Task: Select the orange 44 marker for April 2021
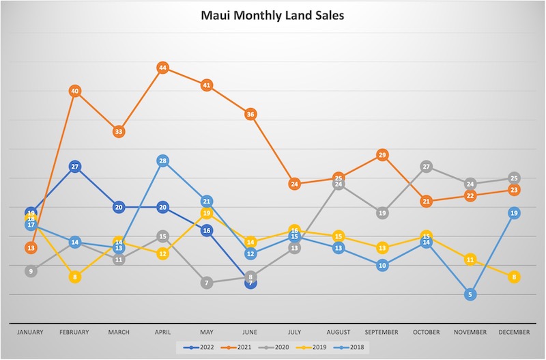tap(162, 68)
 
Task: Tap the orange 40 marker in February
tap(74, 91)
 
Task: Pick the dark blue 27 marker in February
tap(74, 166)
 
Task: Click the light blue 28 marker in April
tap(162, 161)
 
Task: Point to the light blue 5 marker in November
tap(470, 294)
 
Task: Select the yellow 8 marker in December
tap(514, 277)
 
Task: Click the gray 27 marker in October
tap(427, 166)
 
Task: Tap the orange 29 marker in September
tap(382, 155)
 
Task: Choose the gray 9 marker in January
tap(30, 271)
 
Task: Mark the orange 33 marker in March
tap(118, 131)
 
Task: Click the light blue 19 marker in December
tap(514, 213)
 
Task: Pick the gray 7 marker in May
tap(206, 283)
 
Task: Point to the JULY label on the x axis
tap(294, 332)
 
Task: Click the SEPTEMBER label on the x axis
tap(382, 332)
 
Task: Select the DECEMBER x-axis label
tap(514, 332)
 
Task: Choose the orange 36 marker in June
tap(250, 114)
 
